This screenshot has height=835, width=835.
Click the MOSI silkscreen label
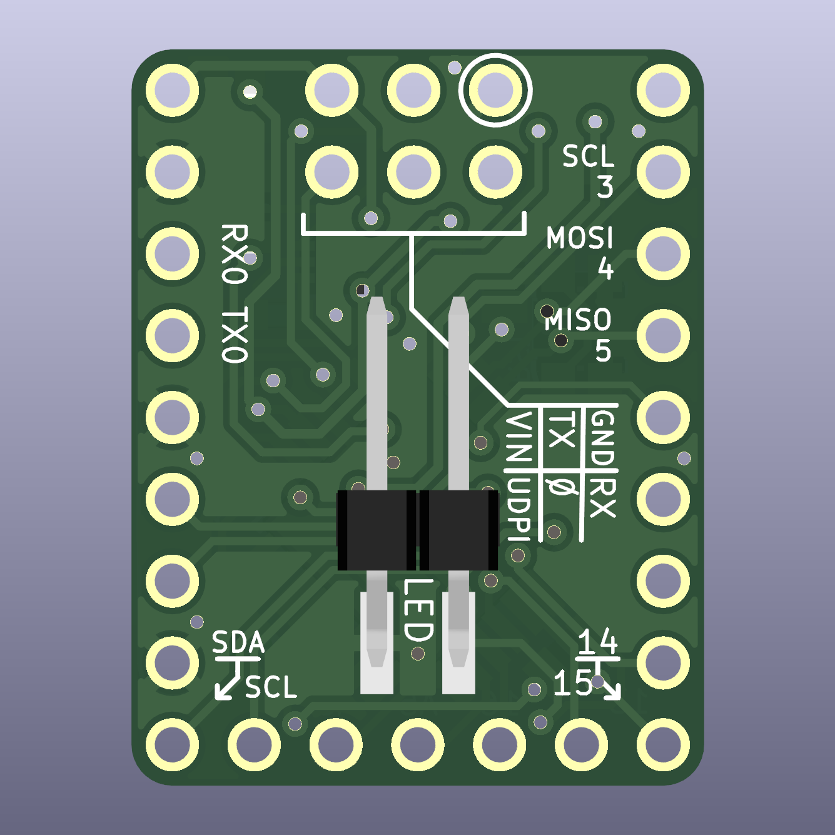coord(580,238)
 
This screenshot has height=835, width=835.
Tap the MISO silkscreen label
coord(577,320)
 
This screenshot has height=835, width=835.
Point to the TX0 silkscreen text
coord(235,335)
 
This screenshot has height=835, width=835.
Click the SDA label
coord(238,642)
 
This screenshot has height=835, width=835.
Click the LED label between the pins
coord(418,610)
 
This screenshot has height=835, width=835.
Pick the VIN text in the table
coord(519,437)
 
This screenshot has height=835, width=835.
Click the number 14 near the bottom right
coord(598,642)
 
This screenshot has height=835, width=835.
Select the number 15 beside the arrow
coord(572,683)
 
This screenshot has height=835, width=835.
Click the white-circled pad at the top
coord(495,90)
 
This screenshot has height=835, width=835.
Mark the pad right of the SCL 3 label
coord(663,171)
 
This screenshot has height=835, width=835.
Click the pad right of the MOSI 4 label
coord(663,253)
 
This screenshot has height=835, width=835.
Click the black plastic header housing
coord(417,530)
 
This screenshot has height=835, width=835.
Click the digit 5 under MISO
coord(603,351)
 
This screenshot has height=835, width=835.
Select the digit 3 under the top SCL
coord(605,187)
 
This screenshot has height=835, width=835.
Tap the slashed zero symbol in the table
coord(559,485)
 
